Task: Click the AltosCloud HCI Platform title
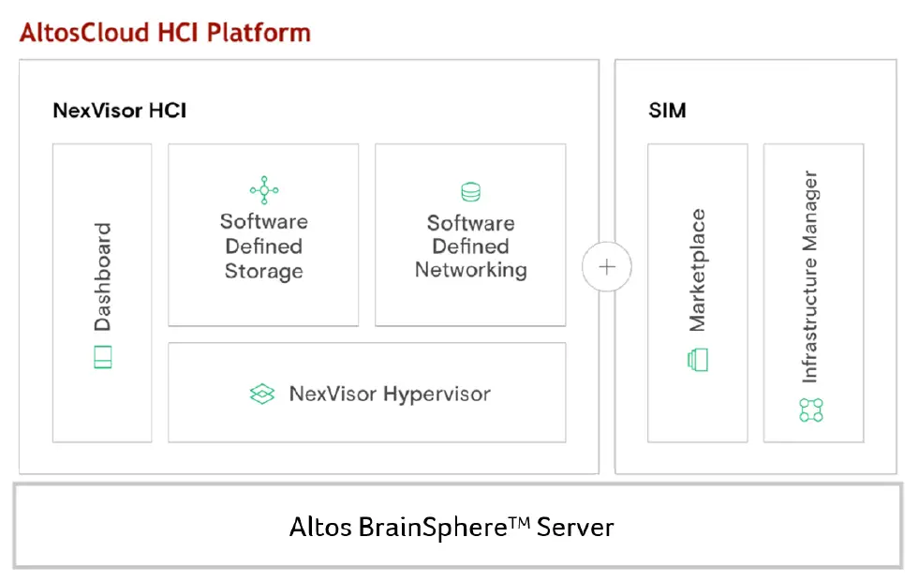[165, 33]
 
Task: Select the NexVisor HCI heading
[119, 111]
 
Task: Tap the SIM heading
[667, 111]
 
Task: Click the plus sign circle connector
[607, 266]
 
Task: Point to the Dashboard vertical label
[102, 276]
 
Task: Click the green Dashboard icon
[103, 357]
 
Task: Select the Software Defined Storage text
[263, 246]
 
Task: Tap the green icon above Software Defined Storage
[264, 190]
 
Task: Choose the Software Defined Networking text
[470, 246]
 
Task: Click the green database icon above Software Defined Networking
[470, 193]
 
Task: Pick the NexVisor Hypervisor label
[390, 394]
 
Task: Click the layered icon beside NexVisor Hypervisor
[262, 395]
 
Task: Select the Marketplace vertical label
[698, 271]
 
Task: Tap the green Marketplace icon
[698, 360]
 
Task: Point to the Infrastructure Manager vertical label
[811, 276]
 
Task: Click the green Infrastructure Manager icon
[811, 410]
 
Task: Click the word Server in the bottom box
[575, 527]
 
